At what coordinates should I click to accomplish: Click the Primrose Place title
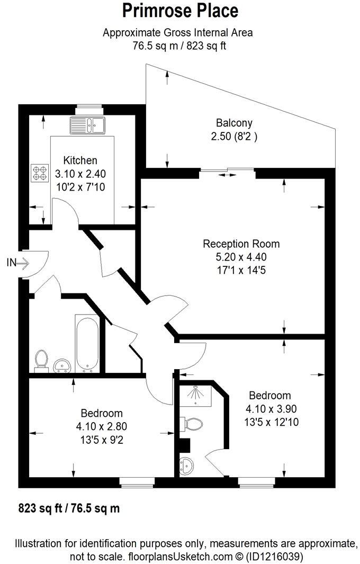pyautogui.click(x=180, y=11)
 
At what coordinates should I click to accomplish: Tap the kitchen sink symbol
pyautogui.click(x=89, y=126)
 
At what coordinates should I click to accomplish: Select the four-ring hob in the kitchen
pyautogui.click(x=39, y=173)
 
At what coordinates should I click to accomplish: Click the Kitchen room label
pyautogui.click(x=80, y=160)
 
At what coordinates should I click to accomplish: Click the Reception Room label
pyautogui.click(x=241, y=244)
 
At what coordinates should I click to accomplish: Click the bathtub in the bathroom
pyautogui.click(x=86, y=343)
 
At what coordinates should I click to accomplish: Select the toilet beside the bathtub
pyautogui.click(x=40, y=360)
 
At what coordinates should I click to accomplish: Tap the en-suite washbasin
pyautogui.click(x=187, y=465)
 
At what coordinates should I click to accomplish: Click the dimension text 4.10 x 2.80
pyautogui.click(x=101, y=426)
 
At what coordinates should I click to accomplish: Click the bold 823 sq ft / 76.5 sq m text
pyautogui.click(x=69, y=508)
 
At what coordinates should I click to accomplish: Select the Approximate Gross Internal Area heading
pyautogui.click(x=178, y=33)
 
